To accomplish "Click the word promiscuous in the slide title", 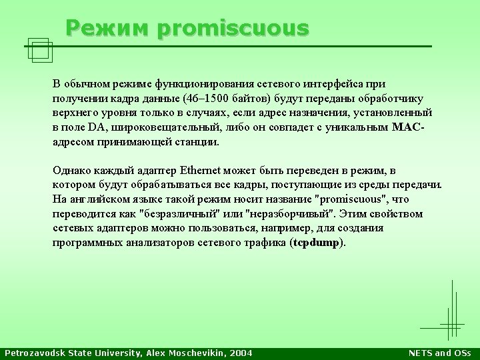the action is tap(233, 29).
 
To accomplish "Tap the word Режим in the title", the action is tap(107, 27).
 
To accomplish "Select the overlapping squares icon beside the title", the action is tap(40, 50).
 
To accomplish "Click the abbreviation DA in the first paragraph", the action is tap(97, 127).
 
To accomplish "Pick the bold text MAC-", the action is tap(408, 127).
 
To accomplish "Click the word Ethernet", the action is tap(200, 170).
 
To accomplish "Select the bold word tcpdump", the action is tap(316, 243).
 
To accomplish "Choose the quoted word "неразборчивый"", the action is tap(289, 214).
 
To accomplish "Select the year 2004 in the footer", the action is tap(241, 353).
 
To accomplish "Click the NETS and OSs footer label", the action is tap(439, 353).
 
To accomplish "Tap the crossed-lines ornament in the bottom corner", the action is tap(452, 325).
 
